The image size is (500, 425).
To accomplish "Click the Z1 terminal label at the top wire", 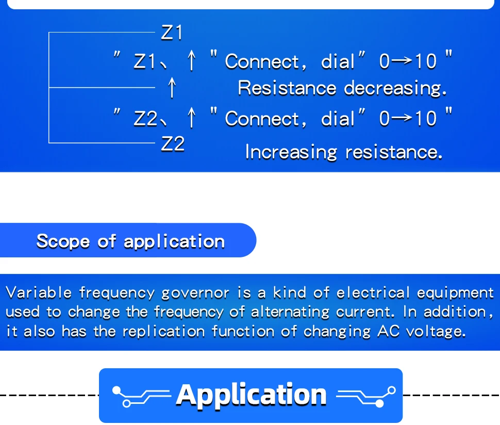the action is [x=172, y=33].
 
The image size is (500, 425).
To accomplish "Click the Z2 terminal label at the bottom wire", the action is [x=172, y=144].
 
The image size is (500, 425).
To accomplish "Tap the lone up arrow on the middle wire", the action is [x=173, y=88].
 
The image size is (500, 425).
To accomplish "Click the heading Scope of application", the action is [x=130, y=241].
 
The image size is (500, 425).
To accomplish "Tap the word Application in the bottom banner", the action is [x=251, y=395].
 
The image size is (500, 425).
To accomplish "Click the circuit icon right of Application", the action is [x=365, y=395].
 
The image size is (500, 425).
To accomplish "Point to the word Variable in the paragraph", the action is [x=39, y=293].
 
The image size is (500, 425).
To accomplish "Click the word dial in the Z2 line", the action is [x=338, y=119].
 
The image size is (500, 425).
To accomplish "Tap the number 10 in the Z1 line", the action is [x=426, y=62].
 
